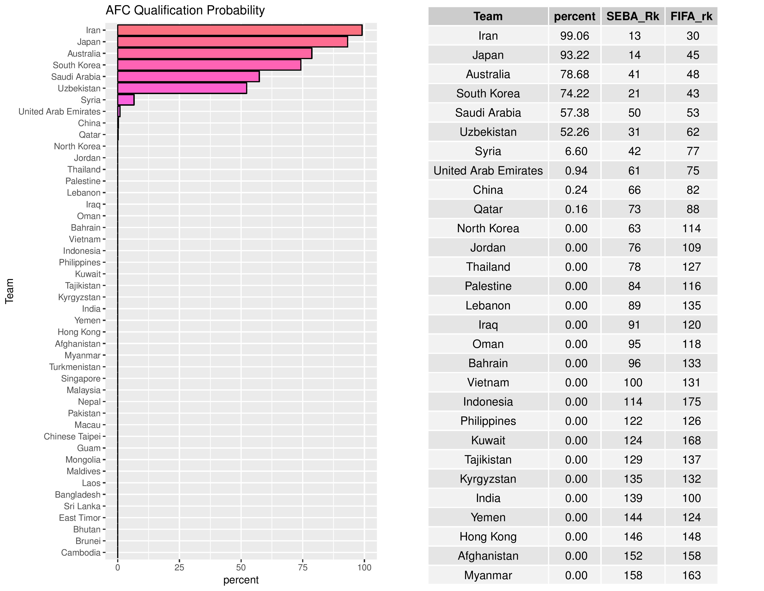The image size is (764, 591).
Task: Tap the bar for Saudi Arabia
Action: pyautogui.click(x=188, y=77)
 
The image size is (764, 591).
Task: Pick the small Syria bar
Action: pyautogui.click(x=125, y=100)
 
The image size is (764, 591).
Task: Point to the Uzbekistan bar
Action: pyautogui.click(x=182, y=88)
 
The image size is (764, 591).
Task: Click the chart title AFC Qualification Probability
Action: pyautogui.click(x=185, y=10)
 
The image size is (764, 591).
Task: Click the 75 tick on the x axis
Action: pyautogui.click(x=303, y=568)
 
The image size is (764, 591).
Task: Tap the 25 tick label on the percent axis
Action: pyautogui.click(x=179, y=568)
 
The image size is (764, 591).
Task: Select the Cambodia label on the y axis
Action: pyautogui.click(x=81, y=553)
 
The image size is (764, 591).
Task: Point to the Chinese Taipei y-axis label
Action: pyautogui.click(x=72, y=437)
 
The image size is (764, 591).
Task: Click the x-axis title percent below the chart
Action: pyautogui.click(x=241, y=580)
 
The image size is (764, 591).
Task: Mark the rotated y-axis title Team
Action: pyautogui.click(x=9, y=291)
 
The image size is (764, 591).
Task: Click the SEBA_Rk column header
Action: pyautogui.click(x=632, y=16)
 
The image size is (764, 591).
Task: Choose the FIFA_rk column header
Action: pyautogui.click(x=691, y=16)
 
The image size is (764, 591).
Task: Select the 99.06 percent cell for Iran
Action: pyautogui.click(x=574, y=36)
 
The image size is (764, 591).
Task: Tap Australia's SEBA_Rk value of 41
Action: pyautogui.click(x=634, y=74)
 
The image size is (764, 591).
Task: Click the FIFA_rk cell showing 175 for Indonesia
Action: pyautogui.click(x=691, y=402)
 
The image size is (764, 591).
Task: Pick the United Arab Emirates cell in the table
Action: pyautogui.click(x=488, y=171)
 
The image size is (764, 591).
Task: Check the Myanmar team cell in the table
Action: pyautogui.click(x=488, y=575)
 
